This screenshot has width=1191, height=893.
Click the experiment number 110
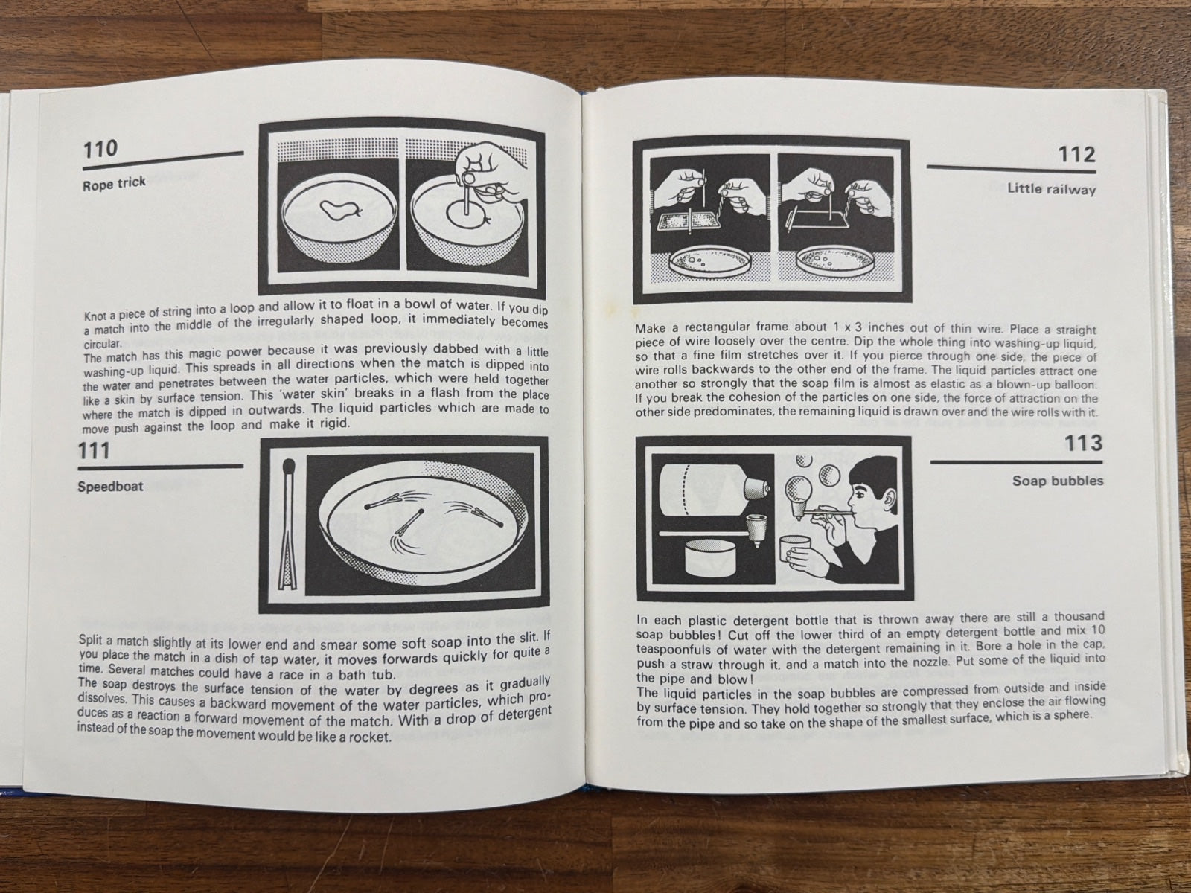pyautogui.click(x=100, y=149)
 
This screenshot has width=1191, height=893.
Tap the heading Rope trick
pyautogui.click(x=114, y=184)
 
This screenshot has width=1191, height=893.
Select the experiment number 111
pyautogui.click(x=94, y=450)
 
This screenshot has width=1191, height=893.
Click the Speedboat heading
pyautogui.click(x=110, y=487)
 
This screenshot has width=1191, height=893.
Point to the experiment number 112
pyautogui.click(x=1076, y=156)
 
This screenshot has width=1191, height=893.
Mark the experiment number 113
pyautogui.click(x=1084, y=444)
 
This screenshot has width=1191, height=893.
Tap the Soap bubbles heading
pyautogui.click(x=1058, y=481)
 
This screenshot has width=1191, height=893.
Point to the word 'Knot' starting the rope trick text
pyautogui.click(x=95, y=316)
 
